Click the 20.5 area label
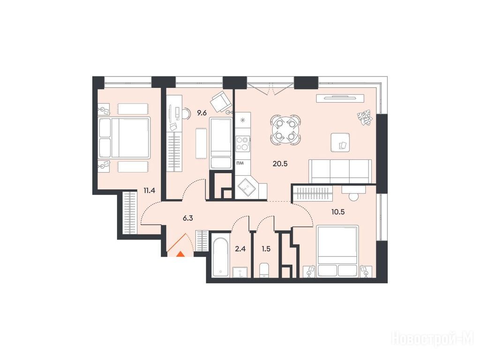tap(280, 164)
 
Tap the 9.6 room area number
tap(202, 113)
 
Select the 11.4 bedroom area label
tap(150, 190)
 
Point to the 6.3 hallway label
tap(187, 218)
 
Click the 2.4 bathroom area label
tap(240, 249)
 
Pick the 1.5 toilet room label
tap(266, 249)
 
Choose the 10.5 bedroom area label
tap(338, 211)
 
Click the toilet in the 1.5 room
tap(264, 270)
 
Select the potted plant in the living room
tap(365, 118)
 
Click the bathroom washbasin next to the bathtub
tap(240, 272)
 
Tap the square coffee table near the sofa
tap(340, 142)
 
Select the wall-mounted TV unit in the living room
tap(340, 98)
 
